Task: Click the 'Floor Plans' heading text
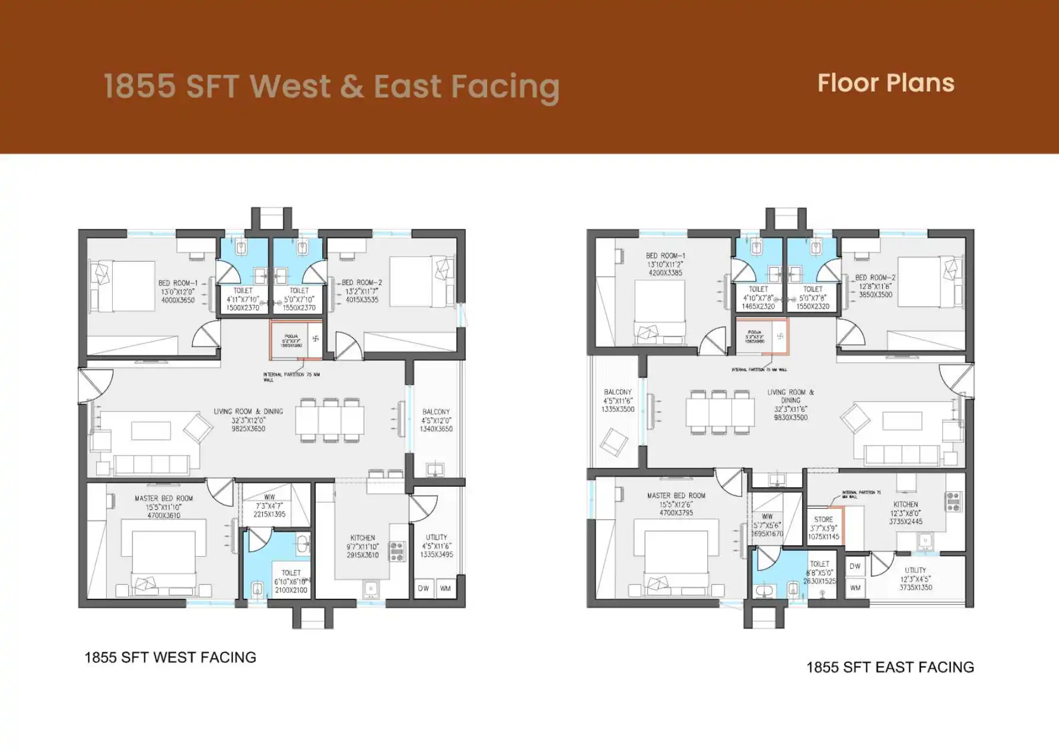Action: pos(886,83)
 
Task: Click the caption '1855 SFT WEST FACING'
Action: pos(170,658)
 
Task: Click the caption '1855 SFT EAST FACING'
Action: pos(890,667)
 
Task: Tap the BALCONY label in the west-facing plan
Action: pos(436,411)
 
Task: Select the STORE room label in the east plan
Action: pos(823,519)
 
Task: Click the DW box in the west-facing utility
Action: pos(423,589)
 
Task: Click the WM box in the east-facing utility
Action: pos(855,588)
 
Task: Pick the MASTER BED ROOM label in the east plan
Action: pos(676,496)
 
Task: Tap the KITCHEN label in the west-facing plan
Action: pos(362,538)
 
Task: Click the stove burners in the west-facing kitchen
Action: pos(397,551)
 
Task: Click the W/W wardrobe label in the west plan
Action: pos(269,497)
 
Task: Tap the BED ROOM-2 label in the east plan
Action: pos(875,277)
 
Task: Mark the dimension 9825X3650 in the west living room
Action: pos(249,429)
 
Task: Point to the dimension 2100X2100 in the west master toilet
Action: pos(291,590)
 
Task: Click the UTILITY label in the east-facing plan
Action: pos(915,570)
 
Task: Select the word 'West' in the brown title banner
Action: pos(290,87)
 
